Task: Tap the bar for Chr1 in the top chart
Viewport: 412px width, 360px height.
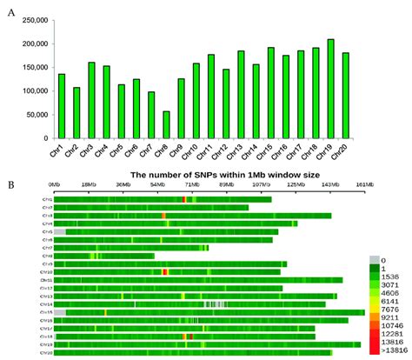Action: click(62, 106)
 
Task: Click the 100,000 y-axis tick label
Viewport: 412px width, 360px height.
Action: click(32, 91)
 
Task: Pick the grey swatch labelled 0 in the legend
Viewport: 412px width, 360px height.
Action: click(375, 259)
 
